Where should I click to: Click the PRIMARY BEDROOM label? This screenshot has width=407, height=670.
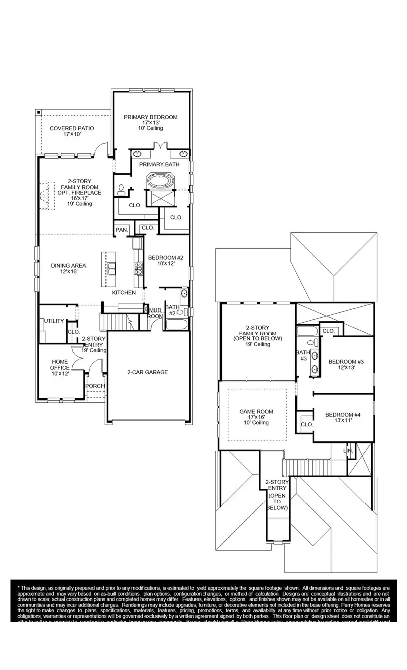tap(150, 117)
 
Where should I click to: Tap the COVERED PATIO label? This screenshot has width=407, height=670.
tap(72, 128)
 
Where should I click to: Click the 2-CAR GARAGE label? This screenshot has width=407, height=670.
tap(147, 372)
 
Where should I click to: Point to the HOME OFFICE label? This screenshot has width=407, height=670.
tap(60, 365)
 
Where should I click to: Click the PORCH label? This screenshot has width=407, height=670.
tap(95, 386)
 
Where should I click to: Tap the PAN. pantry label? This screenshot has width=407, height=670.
tap(122, 230)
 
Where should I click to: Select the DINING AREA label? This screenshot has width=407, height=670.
tap(69, 266)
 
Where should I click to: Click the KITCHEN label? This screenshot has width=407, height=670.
tap(123, 292)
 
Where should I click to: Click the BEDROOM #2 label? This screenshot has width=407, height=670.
tap(166, 258)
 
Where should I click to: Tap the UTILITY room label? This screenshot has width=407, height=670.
tap(54, 321)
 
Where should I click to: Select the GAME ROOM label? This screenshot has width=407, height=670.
tap(256, 412)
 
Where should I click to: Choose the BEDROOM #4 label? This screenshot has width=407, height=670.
tap(342, 415)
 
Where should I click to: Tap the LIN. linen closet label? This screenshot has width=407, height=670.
tap(348, 451)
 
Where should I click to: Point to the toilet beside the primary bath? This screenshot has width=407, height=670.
tap(121, 189)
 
